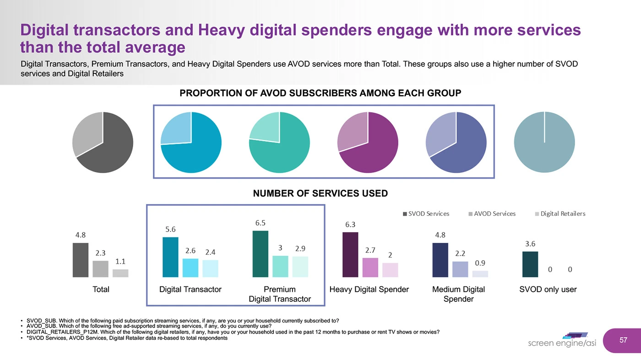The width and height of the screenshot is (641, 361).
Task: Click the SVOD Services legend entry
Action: pos(426,213)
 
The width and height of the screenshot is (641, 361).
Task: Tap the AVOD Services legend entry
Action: pos(492,213)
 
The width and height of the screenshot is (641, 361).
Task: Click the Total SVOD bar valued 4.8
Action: pos(80,260)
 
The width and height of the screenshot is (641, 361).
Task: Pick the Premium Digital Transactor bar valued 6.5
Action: pos(261,254)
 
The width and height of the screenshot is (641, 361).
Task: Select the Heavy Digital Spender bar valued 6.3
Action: pos(350,255)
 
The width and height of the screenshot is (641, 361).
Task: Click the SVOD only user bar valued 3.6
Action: pos(530,264)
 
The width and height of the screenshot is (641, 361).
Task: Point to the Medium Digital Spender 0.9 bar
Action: pos(480,273)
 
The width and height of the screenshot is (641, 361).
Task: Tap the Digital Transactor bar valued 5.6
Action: pos(170,257)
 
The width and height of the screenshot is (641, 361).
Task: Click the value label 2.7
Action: pos(370,251)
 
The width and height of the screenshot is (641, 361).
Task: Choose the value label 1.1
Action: pos(120,262)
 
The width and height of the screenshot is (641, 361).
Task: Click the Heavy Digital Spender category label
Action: pos(369,290)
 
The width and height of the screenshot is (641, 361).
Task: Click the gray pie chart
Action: pos(103,142)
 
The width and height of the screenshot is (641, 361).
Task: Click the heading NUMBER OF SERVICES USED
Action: pos(320,193)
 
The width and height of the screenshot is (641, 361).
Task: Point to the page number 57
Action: pos(623,340)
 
